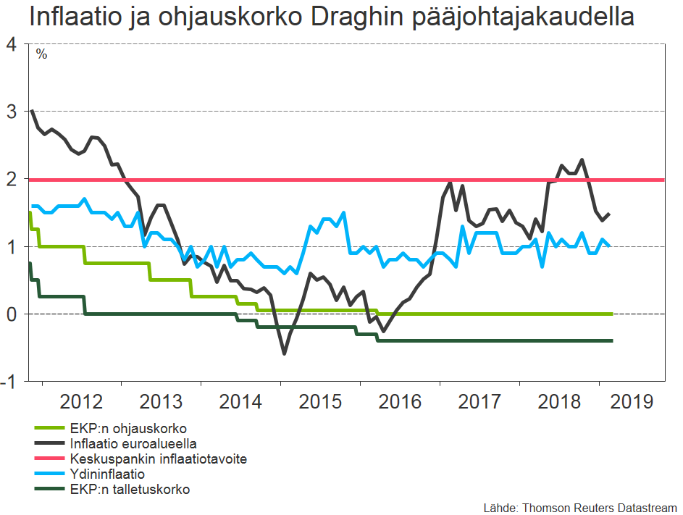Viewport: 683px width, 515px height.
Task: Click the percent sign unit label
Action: pos(41,54)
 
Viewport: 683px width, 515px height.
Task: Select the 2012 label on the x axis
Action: pos(82,402)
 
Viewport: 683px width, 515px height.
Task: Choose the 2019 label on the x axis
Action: pos(631,402)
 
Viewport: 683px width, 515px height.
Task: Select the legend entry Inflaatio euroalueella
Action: pos(134,443)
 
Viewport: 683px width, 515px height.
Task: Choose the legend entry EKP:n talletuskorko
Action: pos(130,490)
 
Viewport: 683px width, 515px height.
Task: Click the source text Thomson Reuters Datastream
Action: pos(598,507)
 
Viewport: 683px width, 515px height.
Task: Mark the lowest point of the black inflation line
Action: pos(284,353)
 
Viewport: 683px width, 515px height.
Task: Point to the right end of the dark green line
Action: pos(612,340)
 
